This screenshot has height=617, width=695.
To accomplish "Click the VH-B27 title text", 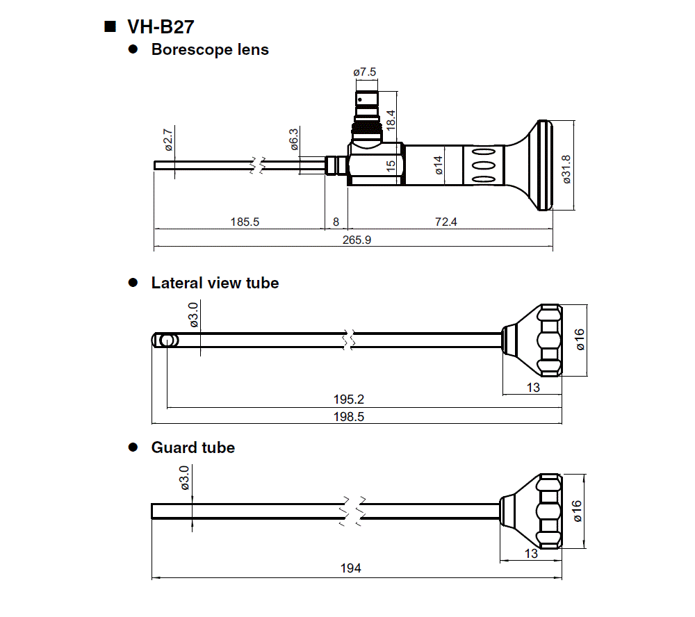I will click(x=161, y=27).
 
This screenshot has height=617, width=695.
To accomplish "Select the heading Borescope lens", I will click(x=210, y=50).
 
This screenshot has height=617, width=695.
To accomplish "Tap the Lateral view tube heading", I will click(x=215, y=283).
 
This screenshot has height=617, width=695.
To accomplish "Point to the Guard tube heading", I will click(x=193, y=447).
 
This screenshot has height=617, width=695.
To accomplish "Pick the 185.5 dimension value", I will click(x=245, y=222).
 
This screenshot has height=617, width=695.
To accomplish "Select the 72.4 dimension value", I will click(x=445, y=222).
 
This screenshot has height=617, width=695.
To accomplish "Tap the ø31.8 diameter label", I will click(x=566, y=168).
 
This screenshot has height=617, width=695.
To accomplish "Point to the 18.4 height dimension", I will click(x=391, y=119).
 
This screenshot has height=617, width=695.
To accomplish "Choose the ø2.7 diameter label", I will click(x=167, y=138).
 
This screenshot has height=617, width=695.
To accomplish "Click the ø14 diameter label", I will click(x=438, y=167).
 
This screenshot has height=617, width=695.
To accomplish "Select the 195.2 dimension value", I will click(x=349, y=400).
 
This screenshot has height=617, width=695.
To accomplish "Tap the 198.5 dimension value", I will click(x=349, y=417).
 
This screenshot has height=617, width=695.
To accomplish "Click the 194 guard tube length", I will click(x=351, y=568).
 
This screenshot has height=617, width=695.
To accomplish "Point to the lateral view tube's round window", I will click(x=166, y=340).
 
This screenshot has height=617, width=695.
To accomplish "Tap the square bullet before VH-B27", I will click(x=109, y=27).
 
